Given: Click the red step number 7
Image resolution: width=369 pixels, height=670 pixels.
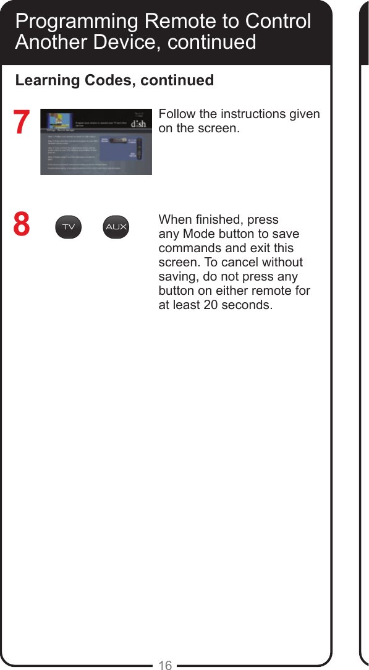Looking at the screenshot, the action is (22, 122).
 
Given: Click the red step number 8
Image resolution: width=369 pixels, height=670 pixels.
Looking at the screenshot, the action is (22, 224).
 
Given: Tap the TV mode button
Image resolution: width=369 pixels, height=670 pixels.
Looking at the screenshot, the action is (69, 227).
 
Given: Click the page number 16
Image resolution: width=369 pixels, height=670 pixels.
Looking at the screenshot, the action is (165, 665).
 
